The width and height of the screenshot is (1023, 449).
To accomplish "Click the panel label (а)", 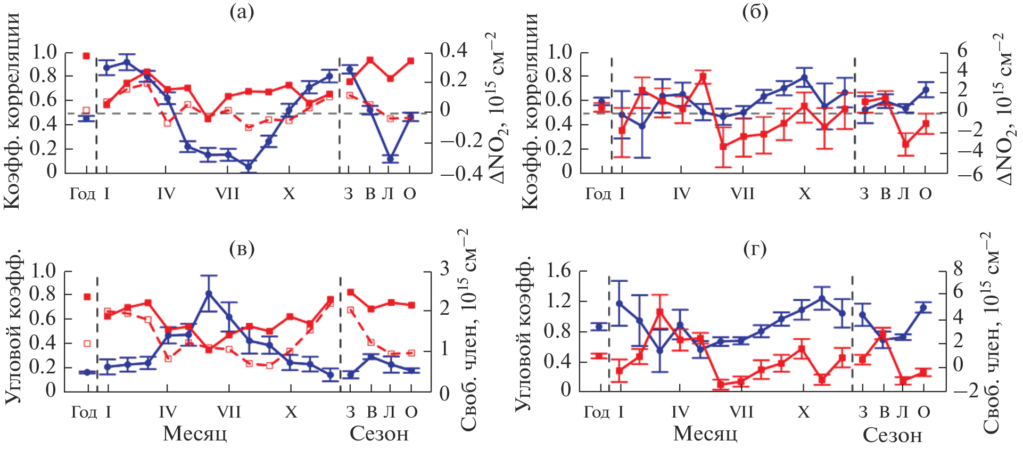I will [x=241, y=12].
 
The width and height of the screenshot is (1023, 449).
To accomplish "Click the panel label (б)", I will [x=755, y=12].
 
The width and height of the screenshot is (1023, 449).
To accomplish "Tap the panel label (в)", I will [x=241, y=249].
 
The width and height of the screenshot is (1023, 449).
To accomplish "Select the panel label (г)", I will [x=755, y=249].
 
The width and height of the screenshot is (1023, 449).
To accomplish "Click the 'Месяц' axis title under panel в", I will [x=195, y=434].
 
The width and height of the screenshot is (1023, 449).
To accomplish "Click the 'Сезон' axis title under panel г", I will [x=892, y=435].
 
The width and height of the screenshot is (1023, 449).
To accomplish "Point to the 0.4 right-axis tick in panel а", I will [x=453, y=51].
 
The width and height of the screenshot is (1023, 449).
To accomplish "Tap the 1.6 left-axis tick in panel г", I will [x=558, y=271].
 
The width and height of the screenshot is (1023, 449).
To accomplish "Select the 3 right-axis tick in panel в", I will [x=444, y=268].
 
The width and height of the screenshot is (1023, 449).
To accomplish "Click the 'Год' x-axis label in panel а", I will [x=82, y=194].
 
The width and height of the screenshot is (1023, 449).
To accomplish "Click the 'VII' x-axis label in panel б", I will [x=742, y=194].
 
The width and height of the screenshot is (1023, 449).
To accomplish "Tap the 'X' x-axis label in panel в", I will [x=291, y=412].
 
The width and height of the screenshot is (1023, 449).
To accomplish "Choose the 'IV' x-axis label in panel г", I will [x=680, y=412].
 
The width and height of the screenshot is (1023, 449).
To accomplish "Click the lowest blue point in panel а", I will [x=248, y=167].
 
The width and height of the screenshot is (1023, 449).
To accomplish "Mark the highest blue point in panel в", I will [x=209, y=293].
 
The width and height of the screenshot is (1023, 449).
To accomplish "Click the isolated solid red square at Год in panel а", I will [x=86, y=55].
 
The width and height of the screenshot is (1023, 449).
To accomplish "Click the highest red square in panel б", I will [x=703, y=77].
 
